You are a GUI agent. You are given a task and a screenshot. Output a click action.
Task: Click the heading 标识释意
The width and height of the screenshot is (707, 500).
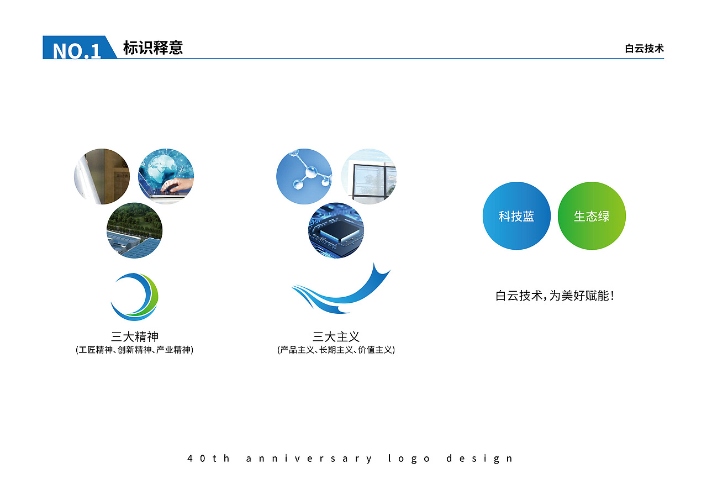[x=153, y=48]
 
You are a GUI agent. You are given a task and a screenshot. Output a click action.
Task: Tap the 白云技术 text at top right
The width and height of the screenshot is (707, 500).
[x=644, y=49]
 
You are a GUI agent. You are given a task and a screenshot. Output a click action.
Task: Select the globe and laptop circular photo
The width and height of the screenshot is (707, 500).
[x=166, y=176]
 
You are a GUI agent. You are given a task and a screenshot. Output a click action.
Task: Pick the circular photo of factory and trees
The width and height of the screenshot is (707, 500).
[x=134, y=230]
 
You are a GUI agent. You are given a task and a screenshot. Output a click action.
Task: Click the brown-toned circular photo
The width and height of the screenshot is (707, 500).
[x=102, y=176]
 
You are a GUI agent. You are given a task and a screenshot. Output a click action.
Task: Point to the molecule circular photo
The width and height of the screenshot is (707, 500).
[x=304, y=176]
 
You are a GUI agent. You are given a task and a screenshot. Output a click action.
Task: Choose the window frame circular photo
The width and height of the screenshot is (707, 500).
[x=368, y=176]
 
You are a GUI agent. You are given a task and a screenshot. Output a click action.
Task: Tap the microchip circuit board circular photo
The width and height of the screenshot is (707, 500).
[x=336, y=230]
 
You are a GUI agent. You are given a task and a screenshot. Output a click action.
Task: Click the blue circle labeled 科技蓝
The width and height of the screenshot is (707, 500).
[x=516, y=216]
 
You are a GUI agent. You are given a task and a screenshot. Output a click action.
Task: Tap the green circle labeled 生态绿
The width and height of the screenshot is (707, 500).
[x=592, y=216]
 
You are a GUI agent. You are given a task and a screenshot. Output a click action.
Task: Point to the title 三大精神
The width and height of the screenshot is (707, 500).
[x=135, y=337]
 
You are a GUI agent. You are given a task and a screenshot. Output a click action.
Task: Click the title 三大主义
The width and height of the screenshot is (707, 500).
[x=336, y=337]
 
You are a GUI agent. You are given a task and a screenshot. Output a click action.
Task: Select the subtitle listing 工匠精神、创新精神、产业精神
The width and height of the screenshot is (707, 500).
[x=134, y=350]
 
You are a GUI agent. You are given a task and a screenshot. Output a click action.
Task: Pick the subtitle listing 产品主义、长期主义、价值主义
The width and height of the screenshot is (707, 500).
[x=336, y=350]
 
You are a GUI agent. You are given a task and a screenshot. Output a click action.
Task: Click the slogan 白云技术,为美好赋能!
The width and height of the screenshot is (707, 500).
[x=555, y=296]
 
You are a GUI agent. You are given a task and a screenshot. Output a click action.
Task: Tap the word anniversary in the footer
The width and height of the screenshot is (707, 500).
[x=309, y=459]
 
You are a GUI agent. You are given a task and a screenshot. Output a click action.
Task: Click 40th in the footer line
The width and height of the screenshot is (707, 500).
[x=209, y=459]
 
